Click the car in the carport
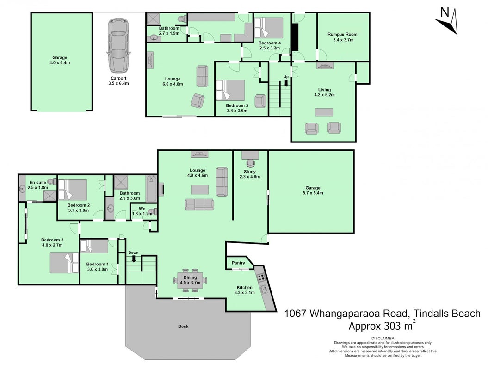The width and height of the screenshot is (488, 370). point(118,46)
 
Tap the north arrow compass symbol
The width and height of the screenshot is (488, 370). point(447,21)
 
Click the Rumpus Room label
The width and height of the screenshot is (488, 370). point(342,37)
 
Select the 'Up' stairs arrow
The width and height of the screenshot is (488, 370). point(286,83)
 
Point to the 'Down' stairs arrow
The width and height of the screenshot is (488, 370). point(134,259)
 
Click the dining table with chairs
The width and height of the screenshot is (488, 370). point(190,280)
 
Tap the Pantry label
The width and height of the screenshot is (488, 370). point(238,263)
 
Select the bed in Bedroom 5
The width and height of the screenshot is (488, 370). point(231,90)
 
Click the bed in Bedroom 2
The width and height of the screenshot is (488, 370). point(73,190)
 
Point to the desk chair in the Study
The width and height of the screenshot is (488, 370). point(250,163)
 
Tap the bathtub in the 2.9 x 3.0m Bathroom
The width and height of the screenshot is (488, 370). point(152,188)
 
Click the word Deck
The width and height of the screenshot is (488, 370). point(183,327)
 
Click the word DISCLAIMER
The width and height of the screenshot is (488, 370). point(383,338)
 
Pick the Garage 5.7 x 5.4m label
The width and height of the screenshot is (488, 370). point(313,191)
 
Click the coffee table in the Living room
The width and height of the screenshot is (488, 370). point(324,112)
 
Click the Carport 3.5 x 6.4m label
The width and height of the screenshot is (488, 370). point(118,81)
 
